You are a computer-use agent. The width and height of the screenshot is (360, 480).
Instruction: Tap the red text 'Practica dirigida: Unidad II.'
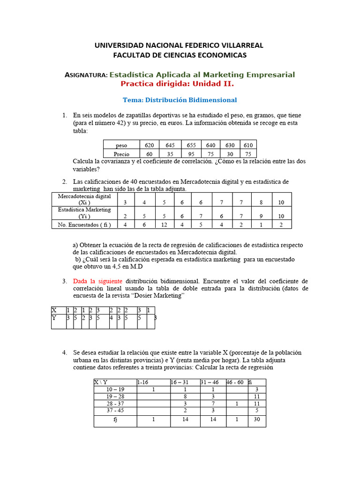pyautogui.click(x=177, y=84)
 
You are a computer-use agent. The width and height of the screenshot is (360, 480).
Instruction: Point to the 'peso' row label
pyautogui.click(x=121, y=146)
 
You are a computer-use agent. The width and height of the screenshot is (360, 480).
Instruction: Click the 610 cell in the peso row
pyautogui.click(x=248, y=145)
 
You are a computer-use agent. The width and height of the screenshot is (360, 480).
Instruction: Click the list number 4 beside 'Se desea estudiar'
pyautogui.click(x=65, y=352)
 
